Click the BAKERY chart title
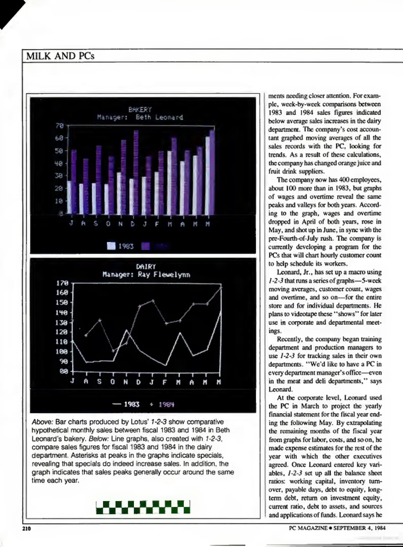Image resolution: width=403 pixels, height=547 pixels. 140,110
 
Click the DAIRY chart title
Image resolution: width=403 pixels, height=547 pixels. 146,267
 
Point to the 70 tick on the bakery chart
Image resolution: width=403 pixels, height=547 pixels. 60,126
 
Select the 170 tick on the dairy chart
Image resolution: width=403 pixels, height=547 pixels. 62,283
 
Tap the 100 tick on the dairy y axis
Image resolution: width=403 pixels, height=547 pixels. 62,352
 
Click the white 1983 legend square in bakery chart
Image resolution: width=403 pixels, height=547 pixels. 111,246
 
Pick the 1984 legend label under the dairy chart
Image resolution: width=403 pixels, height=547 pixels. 166,404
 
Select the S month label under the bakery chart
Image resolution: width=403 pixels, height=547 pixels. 96,224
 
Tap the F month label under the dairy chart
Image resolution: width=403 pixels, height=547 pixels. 165,382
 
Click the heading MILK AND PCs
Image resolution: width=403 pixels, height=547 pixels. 60,56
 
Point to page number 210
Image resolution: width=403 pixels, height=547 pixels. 26,528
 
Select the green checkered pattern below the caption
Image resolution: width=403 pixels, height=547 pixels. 143,507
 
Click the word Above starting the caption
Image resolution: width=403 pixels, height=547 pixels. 42,422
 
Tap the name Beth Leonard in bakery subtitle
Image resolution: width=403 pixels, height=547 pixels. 159,117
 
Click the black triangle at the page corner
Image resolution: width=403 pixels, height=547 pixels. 9,10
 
